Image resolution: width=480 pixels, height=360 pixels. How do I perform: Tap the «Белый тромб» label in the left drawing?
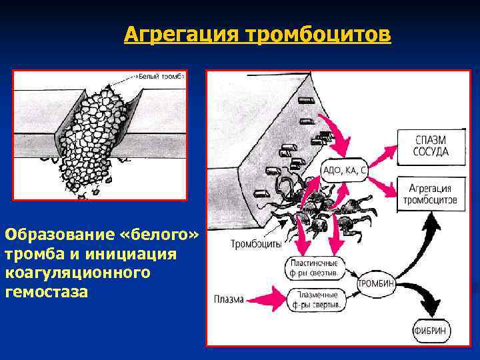[159, 75]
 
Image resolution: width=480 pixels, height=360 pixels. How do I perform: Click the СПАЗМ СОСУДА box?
[431, 146]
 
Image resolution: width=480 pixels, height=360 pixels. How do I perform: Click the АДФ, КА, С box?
[345, 171]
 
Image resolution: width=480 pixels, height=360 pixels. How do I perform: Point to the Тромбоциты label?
[256, 244]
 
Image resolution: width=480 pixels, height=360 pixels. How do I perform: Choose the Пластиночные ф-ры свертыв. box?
[315, 267]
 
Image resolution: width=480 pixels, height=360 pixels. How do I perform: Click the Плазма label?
[229, 298]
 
